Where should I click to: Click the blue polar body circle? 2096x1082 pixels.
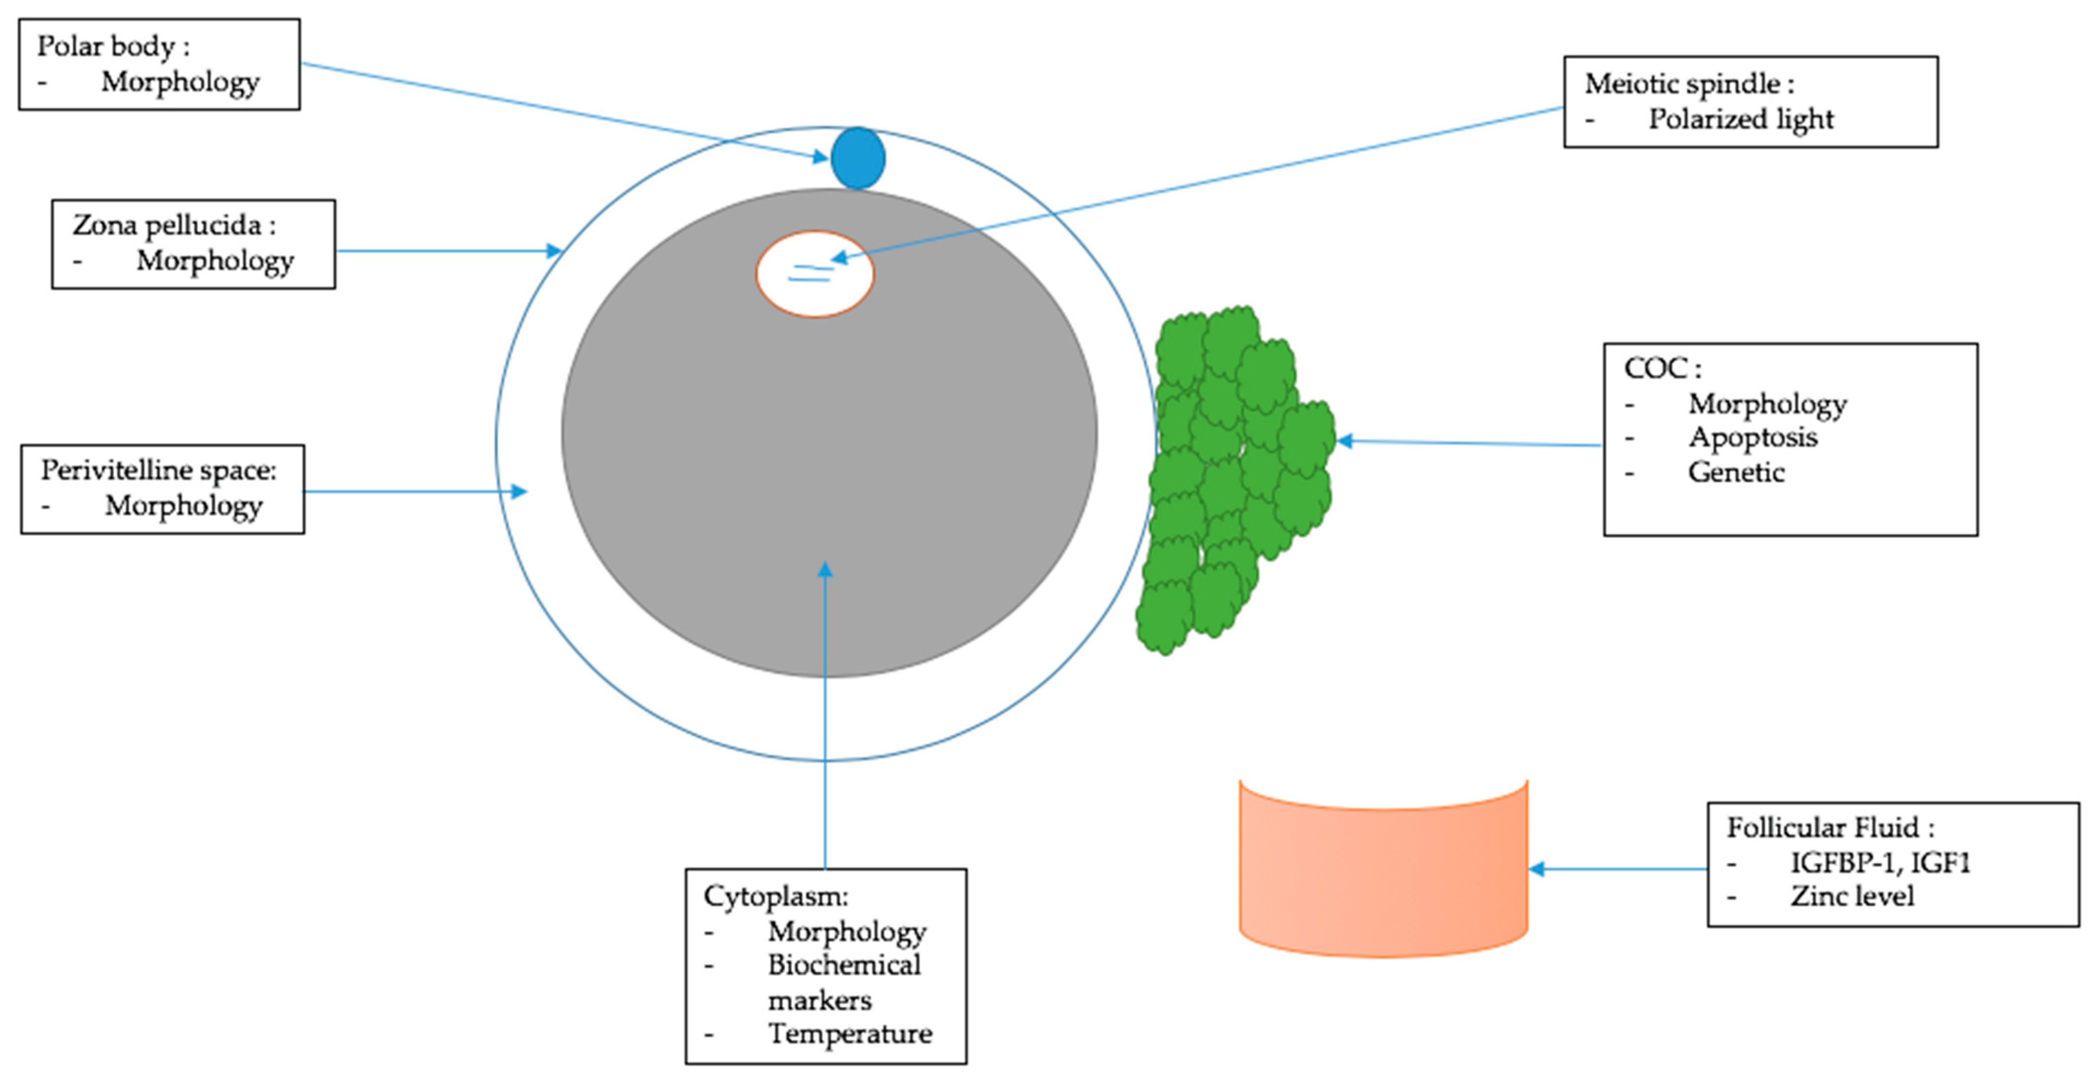pos(858,158)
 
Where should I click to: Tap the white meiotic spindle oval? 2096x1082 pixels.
pos(814,274)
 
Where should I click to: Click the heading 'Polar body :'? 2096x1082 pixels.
pos(113,46)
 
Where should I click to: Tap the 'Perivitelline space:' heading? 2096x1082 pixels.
pos(159,470)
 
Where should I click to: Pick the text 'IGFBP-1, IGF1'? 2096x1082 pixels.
pos(1880,862)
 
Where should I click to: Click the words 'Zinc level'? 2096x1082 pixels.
pos(1852,896)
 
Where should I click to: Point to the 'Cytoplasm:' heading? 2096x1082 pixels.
pos(775,896)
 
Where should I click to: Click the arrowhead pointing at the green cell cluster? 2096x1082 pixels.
pos(1345,441)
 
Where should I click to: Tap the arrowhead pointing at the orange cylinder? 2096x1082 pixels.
pos(1537,869)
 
